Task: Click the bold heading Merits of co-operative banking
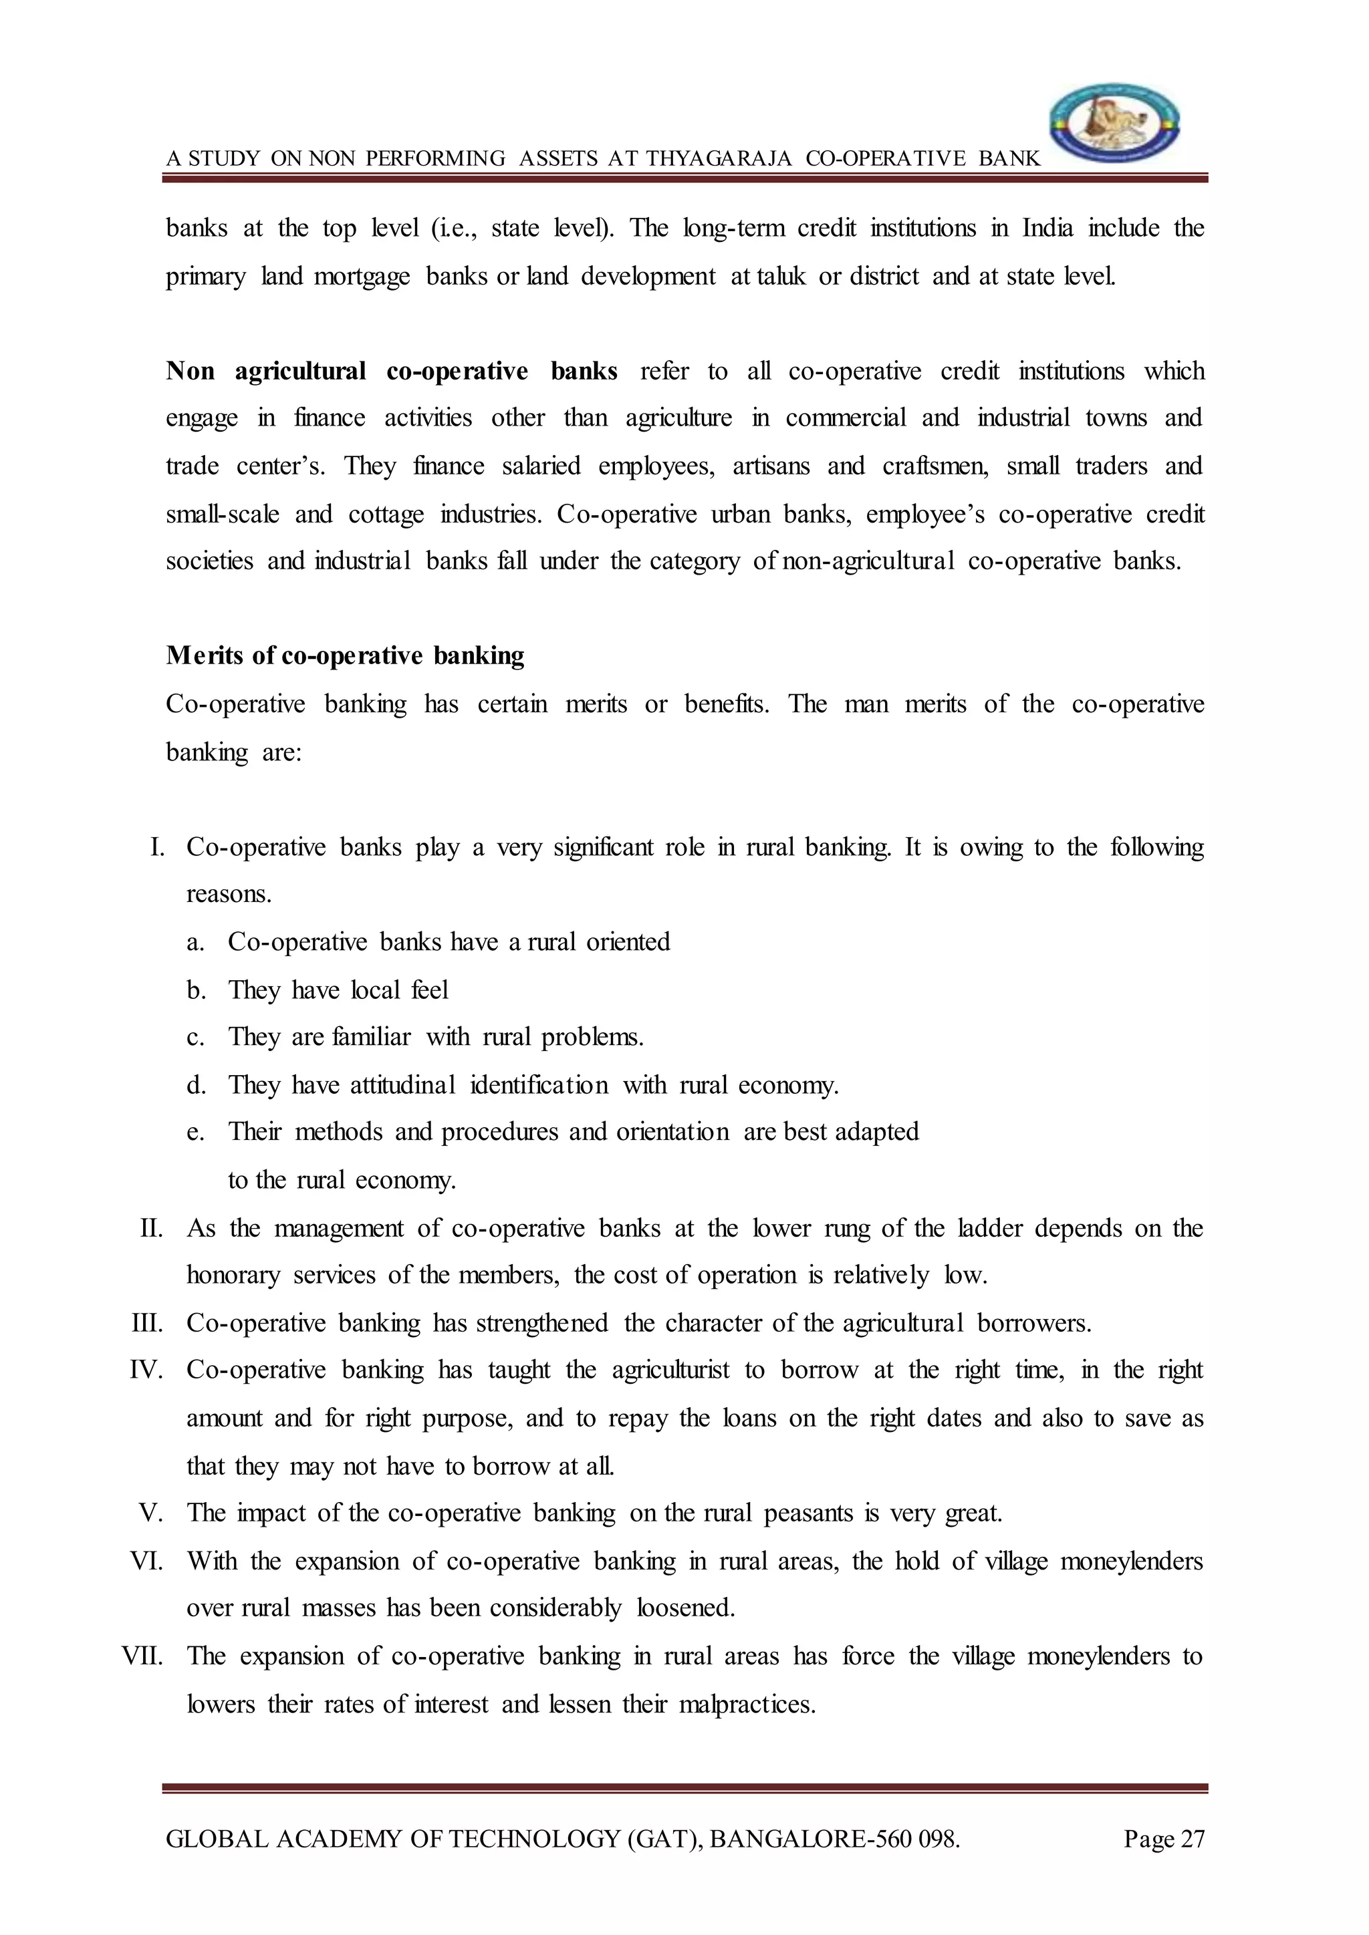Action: click(345, 655)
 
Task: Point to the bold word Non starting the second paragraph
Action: click(191, 371)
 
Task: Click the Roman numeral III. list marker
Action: click(148, 1323)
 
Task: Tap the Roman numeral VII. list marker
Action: click(142, 1656)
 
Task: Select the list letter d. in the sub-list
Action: click(197, 1084)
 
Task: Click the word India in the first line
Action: click(1048, 229)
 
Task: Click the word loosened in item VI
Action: click(685, 1608)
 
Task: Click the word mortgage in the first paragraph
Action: click(362, 277)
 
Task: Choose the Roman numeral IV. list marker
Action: click(146, 1370)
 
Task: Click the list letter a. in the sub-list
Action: click(196, 942)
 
